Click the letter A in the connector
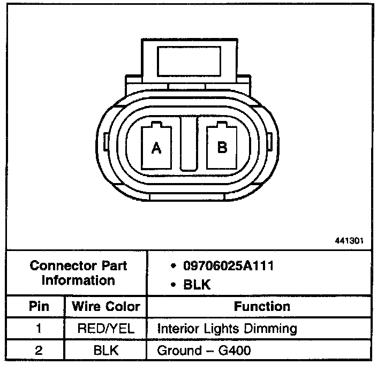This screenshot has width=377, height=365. [156, 148]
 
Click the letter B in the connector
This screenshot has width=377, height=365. [222, 147]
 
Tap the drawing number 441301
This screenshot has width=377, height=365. [349, 240]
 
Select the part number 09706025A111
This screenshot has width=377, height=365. [228, 266]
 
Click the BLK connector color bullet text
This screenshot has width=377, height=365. [197, 285]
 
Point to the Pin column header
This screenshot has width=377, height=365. [39, 306]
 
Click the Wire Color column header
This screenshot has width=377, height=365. [106, 306]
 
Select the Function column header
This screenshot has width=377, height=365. [262, 306]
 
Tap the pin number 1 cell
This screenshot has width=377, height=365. [39, 328]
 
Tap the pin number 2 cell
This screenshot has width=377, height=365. [39, 351]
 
